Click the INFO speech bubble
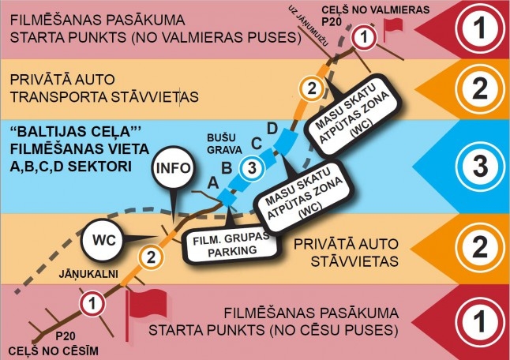pyautogui.click(x=173, y=168)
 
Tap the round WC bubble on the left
pyautogui.click(x=104, y=240)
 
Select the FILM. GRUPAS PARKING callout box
pyautogui.click(x=231, y=245)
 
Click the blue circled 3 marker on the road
pyautogui.click(x=252, y=168)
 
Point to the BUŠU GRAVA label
pyautogui.click(x=224, y=144)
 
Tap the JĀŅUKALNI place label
pyautogui.click(x=88, y=274)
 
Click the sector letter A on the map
pyautogui.click(x=213, y=183)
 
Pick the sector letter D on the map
pyautogui.click(x=272, y=129)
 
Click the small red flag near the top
pyautogui.click(x=392, y=28)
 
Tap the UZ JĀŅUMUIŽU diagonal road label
pyautogui.click(x=309, y=26)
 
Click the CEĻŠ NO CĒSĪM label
pyautogui.click(x=54, y=351)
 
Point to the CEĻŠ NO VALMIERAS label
pyautogui.click(x=375, y=9)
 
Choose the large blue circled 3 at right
pyautogui.click(x=480, y=166)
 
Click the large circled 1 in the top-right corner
pyautogui.click(x=480, y=28)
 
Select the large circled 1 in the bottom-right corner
pyautogui.click(x=480, y=321)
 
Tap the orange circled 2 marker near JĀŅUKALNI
pyautogui.click(x=152, y=257)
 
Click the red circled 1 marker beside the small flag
pyautogui.click(x=364, y=37)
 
